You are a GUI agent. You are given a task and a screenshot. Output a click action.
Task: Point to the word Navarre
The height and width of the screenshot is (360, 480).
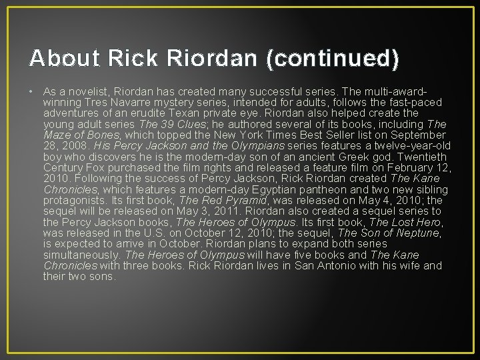pyautogui.click(x=127, y=103)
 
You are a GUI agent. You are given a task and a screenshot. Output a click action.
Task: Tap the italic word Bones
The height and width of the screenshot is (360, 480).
pyautogui.click(x=103, y=134)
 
